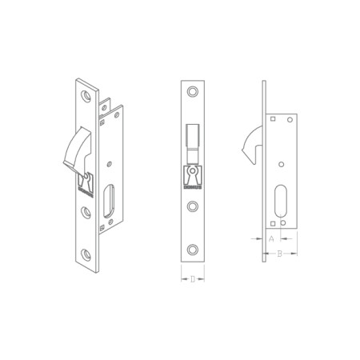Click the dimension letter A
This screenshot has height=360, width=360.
[271, 239]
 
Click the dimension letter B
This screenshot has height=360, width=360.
[279, 254]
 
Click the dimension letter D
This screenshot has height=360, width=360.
[193, 279]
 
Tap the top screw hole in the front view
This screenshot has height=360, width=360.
[192, 91]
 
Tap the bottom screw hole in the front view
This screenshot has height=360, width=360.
[192, 250]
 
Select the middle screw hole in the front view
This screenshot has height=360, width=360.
[192, 206]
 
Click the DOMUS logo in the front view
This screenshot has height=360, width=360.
[193, 178]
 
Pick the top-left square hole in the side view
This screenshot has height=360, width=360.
[273, 118]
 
